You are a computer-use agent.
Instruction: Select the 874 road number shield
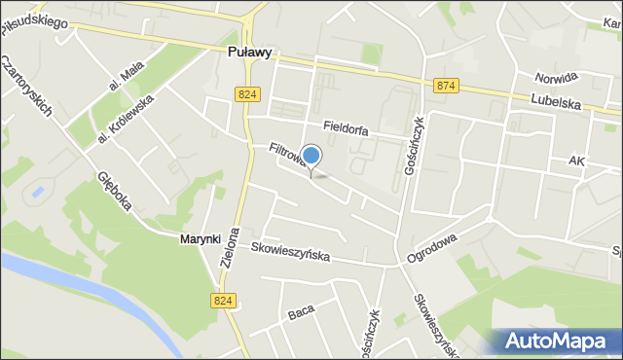click(446, 87)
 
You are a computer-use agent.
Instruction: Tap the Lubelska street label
click(556, 100)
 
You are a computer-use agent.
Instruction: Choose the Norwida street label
click(556, 77)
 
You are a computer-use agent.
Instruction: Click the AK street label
click(577, 161)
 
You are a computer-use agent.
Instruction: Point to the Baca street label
click(301, 314)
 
